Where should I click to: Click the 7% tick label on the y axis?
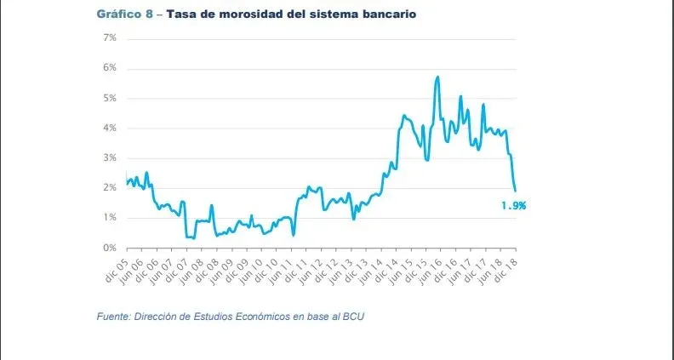pos(110,38)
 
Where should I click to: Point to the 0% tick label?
pos(110,248)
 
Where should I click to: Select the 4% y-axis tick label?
pos(110,129)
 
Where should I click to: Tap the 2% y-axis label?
pos(110,188)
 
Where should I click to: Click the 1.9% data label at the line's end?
pos(512,205)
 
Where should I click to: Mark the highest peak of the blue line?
pos(437,77)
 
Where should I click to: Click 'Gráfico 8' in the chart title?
pos(125,15)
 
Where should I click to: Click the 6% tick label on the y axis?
pos(110,68)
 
